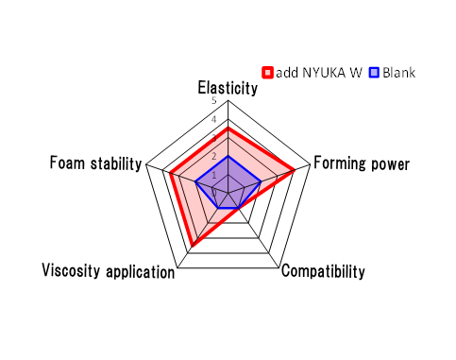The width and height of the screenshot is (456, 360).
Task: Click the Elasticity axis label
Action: [x=228, y=88]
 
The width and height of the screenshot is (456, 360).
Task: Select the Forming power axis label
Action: [x=362, y=163]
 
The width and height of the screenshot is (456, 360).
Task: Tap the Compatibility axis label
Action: [x=323, y=271]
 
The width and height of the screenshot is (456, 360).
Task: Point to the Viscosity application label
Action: [x=109, y=271]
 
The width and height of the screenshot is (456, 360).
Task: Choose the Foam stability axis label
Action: [x=96, y=163]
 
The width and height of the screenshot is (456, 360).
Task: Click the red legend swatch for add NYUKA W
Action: [x=267, y=73]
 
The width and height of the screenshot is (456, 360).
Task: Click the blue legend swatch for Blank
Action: [x=374, y=73]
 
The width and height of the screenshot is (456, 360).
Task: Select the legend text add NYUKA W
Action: [x=319, y=73]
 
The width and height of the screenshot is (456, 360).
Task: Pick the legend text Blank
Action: [x=399, y=73]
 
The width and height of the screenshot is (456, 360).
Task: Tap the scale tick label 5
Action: [x=214, y=101]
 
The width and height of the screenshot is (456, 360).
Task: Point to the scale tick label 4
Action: [x=214, y=119]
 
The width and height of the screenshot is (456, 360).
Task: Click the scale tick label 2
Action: [x=214, y=157]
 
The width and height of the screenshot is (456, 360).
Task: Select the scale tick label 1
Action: [x=214, y=175]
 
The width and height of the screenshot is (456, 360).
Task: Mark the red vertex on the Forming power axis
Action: [x=295, y=170]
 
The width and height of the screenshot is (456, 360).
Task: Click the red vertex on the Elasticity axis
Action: [x=228, y=129]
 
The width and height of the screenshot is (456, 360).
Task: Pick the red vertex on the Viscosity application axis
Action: [x=192, y=245]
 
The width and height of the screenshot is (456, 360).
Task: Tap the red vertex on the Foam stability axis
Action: [x=171, y=174]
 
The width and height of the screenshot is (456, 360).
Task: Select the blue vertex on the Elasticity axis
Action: [x=228, y=156]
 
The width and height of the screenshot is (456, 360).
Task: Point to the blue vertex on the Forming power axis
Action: [x=262, y=181]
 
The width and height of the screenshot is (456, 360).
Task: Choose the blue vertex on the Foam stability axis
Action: [x=195, y=181]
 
